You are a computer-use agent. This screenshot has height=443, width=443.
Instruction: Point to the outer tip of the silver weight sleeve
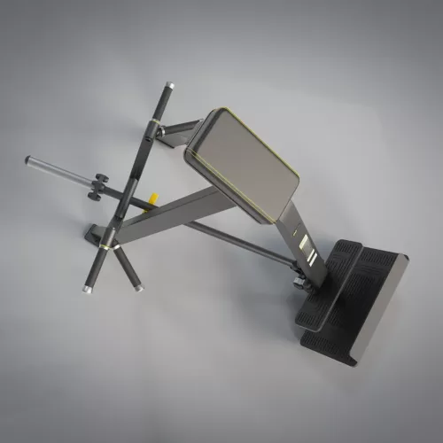29,159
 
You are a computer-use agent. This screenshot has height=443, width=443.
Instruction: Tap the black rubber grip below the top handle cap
162,104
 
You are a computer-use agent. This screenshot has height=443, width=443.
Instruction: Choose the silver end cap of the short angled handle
136,288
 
